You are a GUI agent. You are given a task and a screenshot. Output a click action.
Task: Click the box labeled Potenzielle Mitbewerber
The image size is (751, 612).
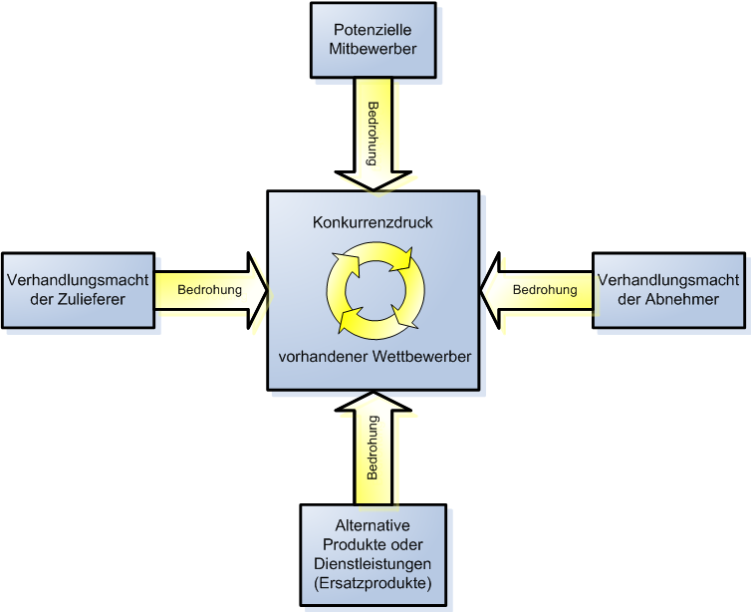(x=373, y=40)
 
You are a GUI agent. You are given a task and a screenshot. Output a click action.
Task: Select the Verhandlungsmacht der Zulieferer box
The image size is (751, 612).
(x=79, y=289)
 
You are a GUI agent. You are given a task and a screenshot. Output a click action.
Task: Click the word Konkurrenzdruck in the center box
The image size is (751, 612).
(x=373, y=222)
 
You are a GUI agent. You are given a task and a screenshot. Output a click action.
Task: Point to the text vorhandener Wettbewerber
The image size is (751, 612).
(x=375, y=356)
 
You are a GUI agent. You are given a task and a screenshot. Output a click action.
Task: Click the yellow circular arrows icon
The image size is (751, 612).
(x=375, y=290)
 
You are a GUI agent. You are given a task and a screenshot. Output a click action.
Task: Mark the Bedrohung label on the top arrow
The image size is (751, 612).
(x=374, y=128)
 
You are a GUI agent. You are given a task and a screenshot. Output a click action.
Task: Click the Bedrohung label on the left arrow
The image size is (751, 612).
(x=209, y=290)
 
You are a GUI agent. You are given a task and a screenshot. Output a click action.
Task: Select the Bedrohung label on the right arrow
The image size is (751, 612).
(x=545, y=290)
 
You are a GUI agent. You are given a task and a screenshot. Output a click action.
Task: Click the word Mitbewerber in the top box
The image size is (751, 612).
(x=374, y=48)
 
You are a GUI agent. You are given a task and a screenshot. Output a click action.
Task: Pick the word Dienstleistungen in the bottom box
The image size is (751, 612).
(x=373, y=565)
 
